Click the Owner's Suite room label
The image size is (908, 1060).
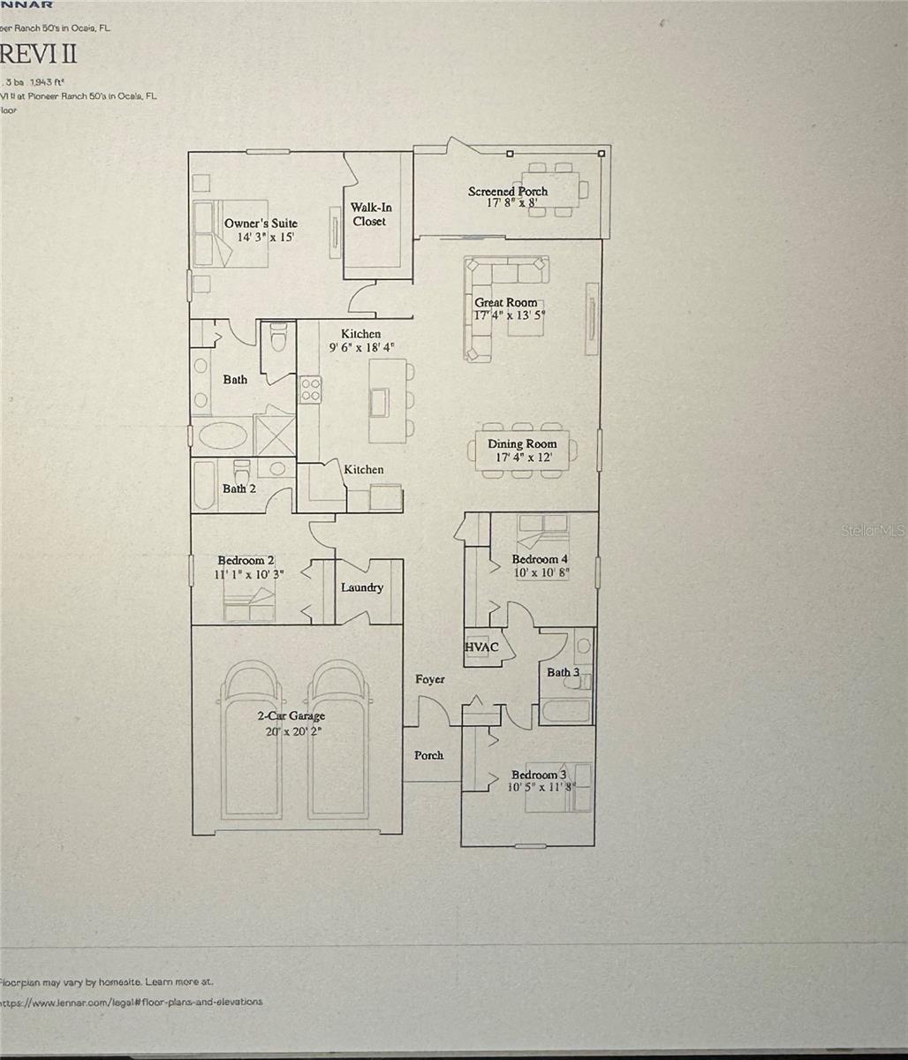click(261, 223)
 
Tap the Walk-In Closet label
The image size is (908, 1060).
click(370, 215)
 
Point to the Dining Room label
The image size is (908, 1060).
click(522, 444)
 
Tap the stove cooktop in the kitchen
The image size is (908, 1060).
click(310, 390)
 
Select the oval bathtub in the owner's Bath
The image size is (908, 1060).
click(223, 436)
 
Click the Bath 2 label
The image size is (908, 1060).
click(238, 488)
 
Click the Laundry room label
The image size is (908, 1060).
click(362, 587)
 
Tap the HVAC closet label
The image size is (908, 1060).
click(481, 647)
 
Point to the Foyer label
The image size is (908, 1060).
click(430, 679)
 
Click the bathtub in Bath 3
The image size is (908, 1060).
click(565, 709)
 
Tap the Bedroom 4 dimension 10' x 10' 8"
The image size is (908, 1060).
click(540, 572)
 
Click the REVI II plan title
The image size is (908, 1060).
click(40, 54)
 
